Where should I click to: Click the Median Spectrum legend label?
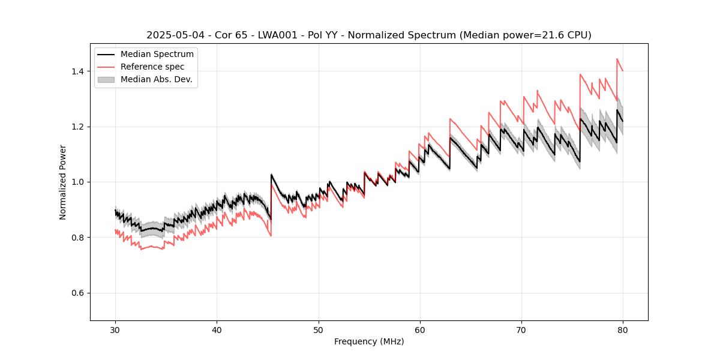click(157, 55)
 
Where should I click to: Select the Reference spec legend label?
click(152, 67)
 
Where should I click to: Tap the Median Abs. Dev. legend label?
click(156, 79)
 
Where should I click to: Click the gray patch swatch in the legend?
click(106, 79)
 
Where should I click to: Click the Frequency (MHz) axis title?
click(369, 341)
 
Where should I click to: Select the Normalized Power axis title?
click(63, 182)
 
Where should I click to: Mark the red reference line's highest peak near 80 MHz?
click(617, 59)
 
